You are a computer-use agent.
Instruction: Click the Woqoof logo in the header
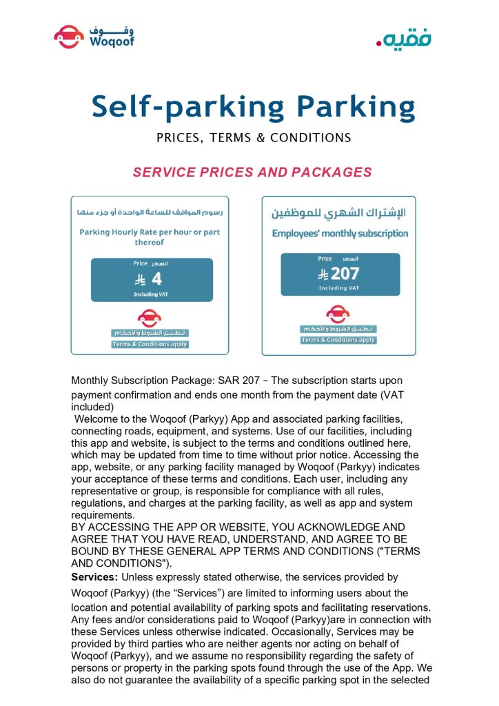pos(94,36)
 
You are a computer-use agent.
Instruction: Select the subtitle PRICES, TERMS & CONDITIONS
pos(254,137)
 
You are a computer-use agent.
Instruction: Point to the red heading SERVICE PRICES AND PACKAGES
pos(252,172)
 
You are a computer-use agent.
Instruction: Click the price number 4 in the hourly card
pos(156,279)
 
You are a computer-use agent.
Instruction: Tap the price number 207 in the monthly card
pos(345,273)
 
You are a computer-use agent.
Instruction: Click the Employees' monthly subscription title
pos(340,233)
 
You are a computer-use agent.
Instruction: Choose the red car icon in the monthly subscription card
pos(338,314)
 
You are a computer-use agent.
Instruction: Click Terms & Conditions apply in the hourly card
pos(150,344)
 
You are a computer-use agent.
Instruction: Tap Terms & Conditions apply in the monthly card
pos(338,340)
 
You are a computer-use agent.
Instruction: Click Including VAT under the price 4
pos(150,294)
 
